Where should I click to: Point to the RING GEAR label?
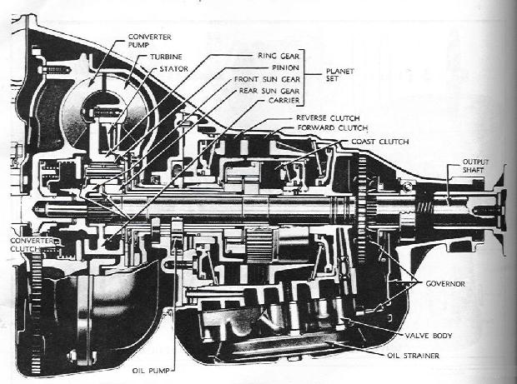tap(274, 56)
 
